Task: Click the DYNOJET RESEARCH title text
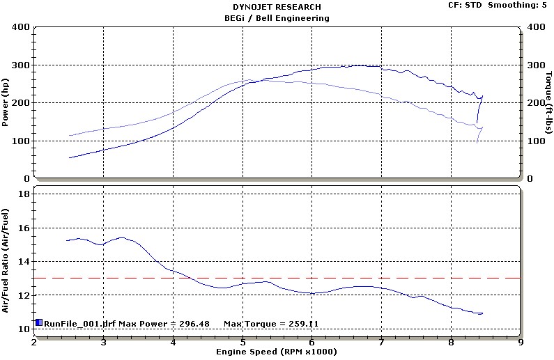277,7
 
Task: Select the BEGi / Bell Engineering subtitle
277,17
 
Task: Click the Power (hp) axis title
6,103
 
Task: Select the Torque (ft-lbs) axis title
548,103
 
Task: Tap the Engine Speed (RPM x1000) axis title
277,353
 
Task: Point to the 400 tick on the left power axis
20,27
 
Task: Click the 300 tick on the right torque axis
534,65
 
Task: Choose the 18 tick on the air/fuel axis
22,194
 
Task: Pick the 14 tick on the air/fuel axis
22,261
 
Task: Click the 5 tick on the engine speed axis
243,342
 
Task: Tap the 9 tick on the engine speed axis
521,342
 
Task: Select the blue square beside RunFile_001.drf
39,322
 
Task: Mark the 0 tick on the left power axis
25,178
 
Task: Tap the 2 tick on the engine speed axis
33,342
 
